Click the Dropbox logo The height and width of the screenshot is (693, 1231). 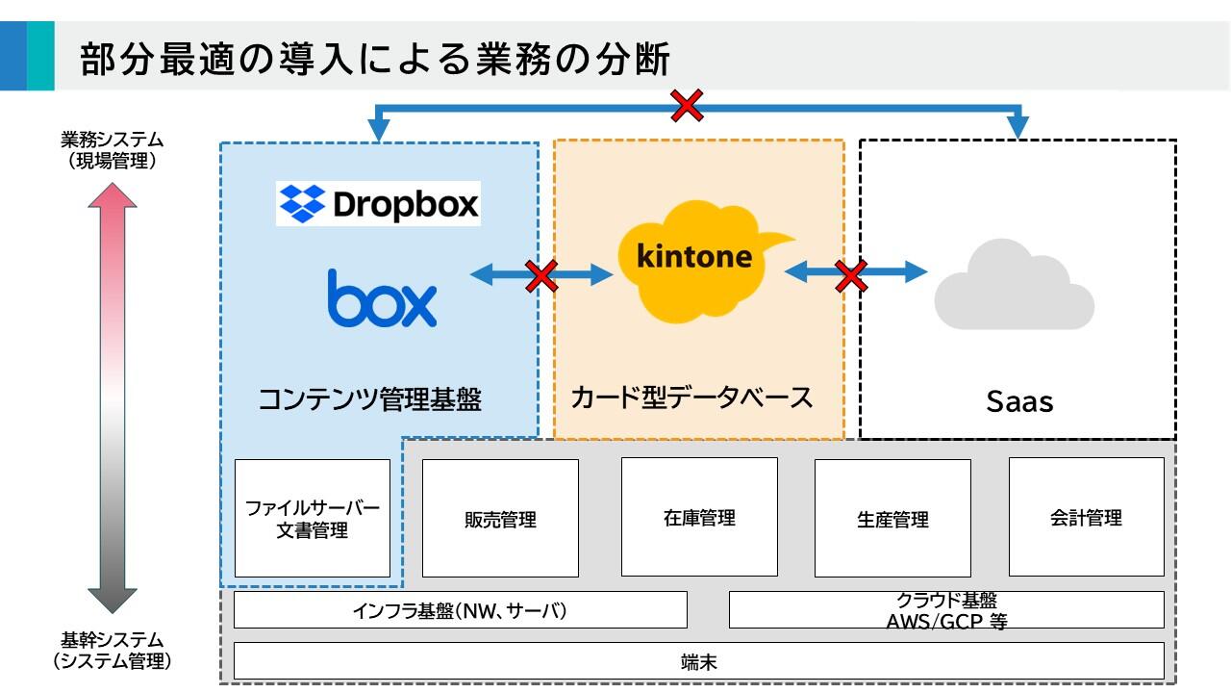click(x=378, y=203)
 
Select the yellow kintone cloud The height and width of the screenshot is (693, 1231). click(x=696, y=258)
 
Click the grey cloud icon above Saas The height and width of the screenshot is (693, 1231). click(x=1014, y=286)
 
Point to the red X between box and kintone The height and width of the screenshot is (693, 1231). click(x=541, y=275)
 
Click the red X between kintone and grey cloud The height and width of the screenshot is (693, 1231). click(x=851, y=274)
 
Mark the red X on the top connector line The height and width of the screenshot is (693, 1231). click(x=687, y=105)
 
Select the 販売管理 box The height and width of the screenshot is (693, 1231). click(x=500, y=518)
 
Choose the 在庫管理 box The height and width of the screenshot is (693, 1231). click(x=699, y=517)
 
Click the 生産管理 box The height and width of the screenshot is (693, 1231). click(x=892, y=518)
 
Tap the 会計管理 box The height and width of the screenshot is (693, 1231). click(x=1086, y=517)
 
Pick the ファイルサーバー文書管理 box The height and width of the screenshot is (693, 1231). click(x=313, y=518)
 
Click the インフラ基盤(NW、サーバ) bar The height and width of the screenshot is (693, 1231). click(x=460, y=609)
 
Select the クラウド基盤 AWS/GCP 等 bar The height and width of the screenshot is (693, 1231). click(x=946, y=609)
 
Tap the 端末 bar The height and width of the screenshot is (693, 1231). click(x=698, y=661)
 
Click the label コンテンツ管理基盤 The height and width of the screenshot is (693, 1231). click(x=370, y=399)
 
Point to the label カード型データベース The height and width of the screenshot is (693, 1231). click(x=692, y=398)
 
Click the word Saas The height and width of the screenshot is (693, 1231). click(x=1019, y=401)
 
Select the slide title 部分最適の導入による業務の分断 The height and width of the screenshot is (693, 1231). click(x=375, y=60)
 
